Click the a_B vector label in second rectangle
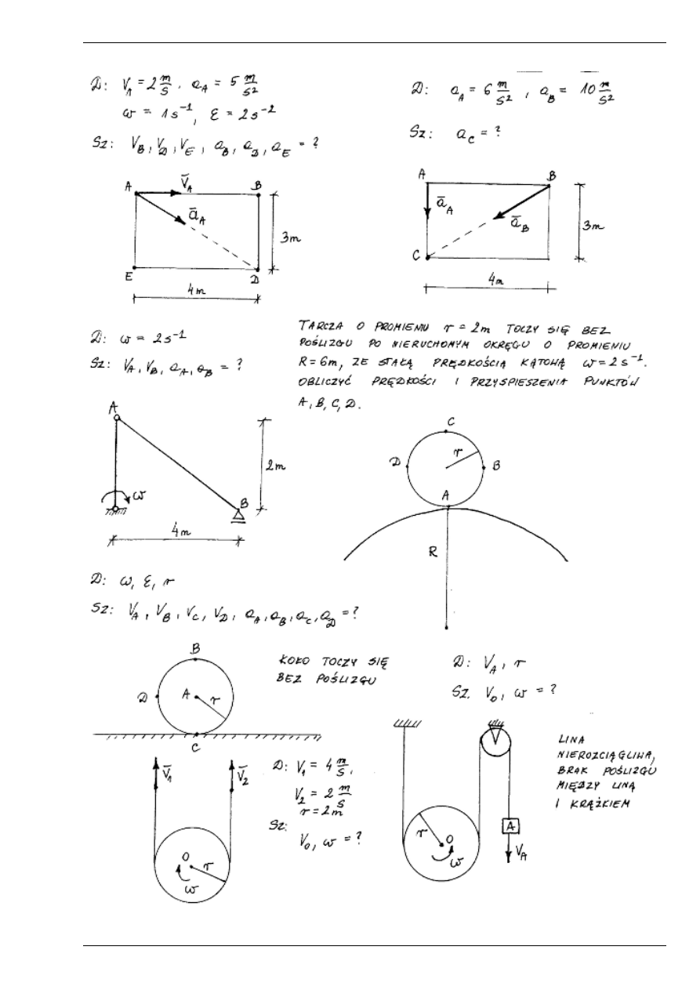(518, 223)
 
